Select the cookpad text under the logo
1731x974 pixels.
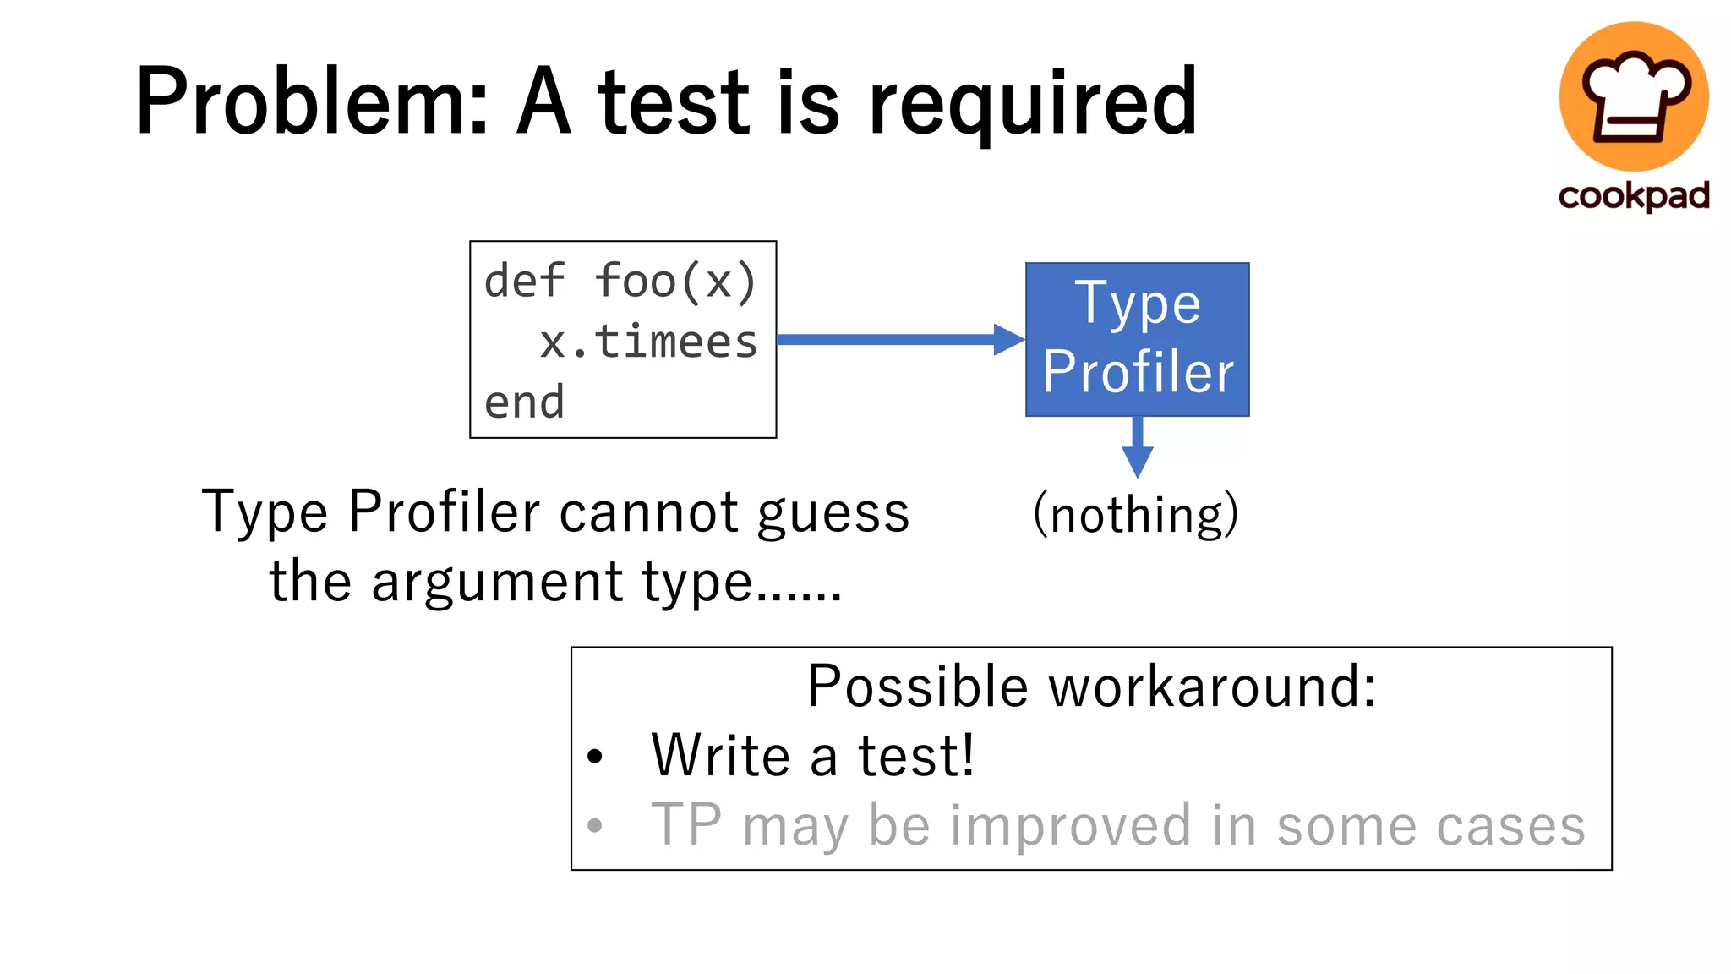[x=1634, y=195]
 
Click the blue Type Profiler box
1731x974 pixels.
[x=1137, y=339]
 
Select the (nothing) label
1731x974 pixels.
[x=1136, y=514]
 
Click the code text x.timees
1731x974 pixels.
[x=649, y=342]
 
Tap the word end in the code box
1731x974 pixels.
[x=524, y=402]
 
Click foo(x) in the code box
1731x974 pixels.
[x=675, y=281]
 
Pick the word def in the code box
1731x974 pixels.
[x=524, y=281]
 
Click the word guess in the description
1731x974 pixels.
[x=833, y=514]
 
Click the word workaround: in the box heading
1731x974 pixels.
[x=1213, y=687]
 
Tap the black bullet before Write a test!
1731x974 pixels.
[x=595, y=756]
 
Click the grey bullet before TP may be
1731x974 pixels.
[x=595, y=825]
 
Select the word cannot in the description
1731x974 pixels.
[x=649, y=512]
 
